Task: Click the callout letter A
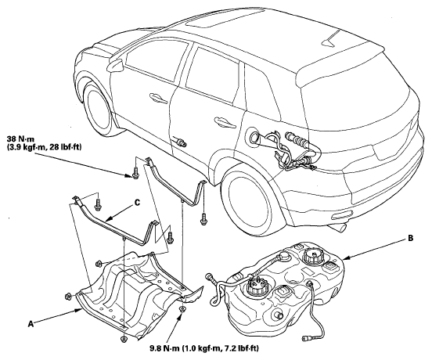31,324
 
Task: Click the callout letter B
410,238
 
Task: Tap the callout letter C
137,203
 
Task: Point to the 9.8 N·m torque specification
204,348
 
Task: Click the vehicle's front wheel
99,108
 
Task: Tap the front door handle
159,98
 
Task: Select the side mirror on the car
116,65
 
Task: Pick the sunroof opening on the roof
226,18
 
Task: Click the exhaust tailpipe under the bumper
338,229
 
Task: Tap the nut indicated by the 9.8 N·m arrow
182,309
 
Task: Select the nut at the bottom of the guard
124,339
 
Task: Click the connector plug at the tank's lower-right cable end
307,337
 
